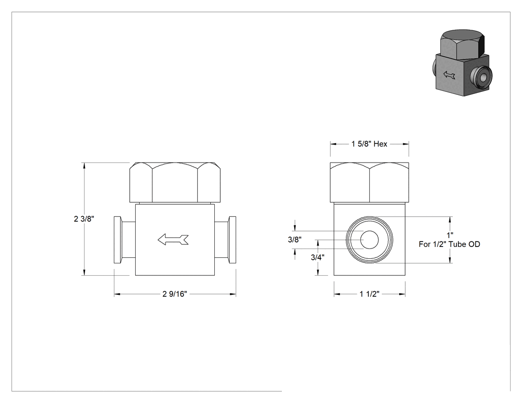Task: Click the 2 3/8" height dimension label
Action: (x=84, y=219)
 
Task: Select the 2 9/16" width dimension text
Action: (x=175, y=294)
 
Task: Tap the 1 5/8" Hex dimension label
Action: (x=369, y=144)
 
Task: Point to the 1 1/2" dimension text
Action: (x=369, y=294)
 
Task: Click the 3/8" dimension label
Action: (x=295, y=240)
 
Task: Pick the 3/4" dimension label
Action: (x=318, y=257)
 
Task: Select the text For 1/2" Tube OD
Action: (x=449, y=244)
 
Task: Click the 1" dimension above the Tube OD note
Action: (x=450, y=235)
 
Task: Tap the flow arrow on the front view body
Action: (x=173, y=240)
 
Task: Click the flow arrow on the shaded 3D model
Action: (x=449, y=75)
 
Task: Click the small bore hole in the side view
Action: (x=369, y=240)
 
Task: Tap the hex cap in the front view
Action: (x=175, y=182)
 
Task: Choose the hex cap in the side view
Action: (x=369, y=182)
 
